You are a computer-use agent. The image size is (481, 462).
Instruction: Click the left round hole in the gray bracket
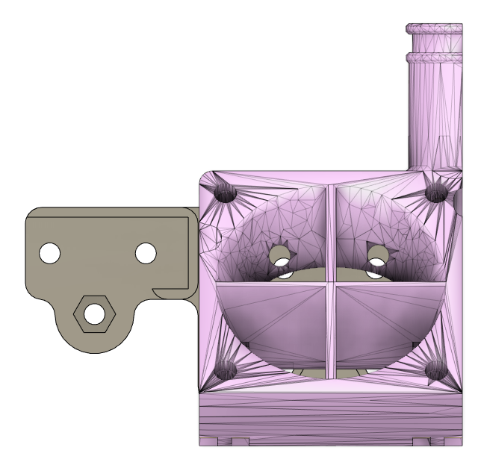pos(49,253)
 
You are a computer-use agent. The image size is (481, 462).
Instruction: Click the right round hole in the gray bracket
pos(146,253)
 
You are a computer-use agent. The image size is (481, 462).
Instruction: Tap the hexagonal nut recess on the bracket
pos(94,314)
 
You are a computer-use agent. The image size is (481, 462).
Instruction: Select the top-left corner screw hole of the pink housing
pos(226,193)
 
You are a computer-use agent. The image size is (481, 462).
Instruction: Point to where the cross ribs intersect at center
pos(331,284)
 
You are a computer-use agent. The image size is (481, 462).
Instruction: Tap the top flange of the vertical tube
pos(434,29)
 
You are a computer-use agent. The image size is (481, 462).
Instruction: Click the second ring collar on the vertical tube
pos(434,57)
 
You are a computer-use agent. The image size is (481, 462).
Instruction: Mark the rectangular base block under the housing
pos(331,418)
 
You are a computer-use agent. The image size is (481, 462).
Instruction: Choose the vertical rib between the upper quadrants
pos(331,231)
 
